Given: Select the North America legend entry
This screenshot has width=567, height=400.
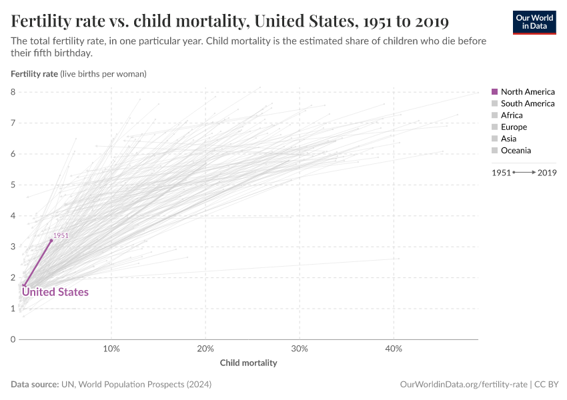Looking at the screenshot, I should pos(527,91).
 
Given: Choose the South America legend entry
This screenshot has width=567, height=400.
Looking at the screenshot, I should pos(527,103).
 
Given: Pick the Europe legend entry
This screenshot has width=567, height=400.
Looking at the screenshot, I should pos(514,127).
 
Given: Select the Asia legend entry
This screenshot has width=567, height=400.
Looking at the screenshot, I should pos(510,139).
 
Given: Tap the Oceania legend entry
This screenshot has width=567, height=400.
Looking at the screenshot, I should pos(516,151).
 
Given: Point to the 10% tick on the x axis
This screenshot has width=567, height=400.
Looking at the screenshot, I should pos(111,349).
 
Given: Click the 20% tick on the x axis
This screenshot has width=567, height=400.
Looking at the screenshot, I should pos(205,349).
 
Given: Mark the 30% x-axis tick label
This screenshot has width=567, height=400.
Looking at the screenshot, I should pos(300,349).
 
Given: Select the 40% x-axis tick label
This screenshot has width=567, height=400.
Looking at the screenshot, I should pos(394,349).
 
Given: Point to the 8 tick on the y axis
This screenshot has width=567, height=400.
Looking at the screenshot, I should pos(13,92).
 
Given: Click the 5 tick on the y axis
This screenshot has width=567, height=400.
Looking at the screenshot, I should pos(13,185).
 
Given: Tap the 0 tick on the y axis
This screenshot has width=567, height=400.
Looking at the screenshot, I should pos(13,339).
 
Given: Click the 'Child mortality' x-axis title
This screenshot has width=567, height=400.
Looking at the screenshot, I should pos(248,363).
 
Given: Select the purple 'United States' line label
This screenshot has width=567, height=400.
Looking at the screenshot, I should pos(55,292).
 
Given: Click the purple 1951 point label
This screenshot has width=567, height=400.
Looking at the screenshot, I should pos(61,235).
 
